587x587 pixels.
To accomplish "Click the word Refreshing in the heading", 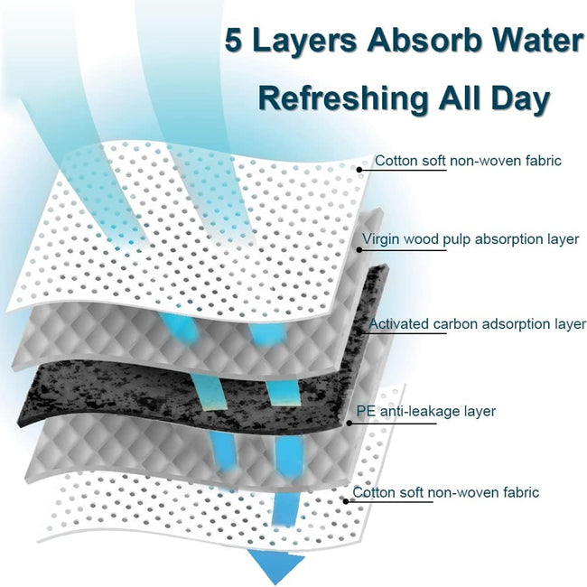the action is pos(343,98).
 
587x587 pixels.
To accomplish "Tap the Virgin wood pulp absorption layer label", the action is pos(471,238).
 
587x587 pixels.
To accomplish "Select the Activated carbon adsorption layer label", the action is pos(478,324).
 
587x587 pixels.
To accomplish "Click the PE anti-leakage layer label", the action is pos(425,411).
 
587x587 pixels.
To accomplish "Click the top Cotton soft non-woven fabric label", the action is pos(468,161).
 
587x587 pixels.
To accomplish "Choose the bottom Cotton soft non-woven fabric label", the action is pos(445,492).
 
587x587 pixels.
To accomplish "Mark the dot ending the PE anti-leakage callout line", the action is pos(349,424).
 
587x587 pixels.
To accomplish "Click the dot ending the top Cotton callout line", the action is pos(359,170).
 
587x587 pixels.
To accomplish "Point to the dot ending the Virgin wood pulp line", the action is pos(359,249).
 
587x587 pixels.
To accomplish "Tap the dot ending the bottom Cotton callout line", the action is pos(346,501).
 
